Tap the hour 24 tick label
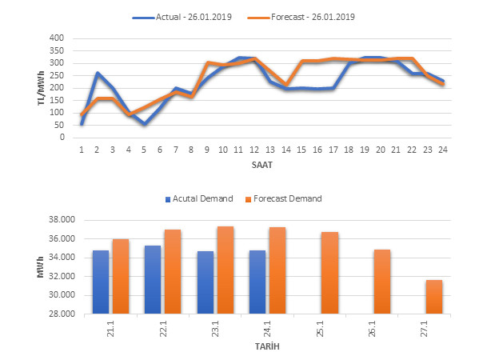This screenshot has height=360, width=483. tap(441, 148)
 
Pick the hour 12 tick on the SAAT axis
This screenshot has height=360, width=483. tap(253, 148)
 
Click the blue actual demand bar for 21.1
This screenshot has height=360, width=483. tap(101, 282)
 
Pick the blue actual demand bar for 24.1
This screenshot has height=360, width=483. tap(257, 282)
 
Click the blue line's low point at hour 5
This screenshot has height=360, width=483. tap(144, 124)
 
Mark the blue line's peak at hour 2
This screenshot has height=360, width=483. tap(98, 73)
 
